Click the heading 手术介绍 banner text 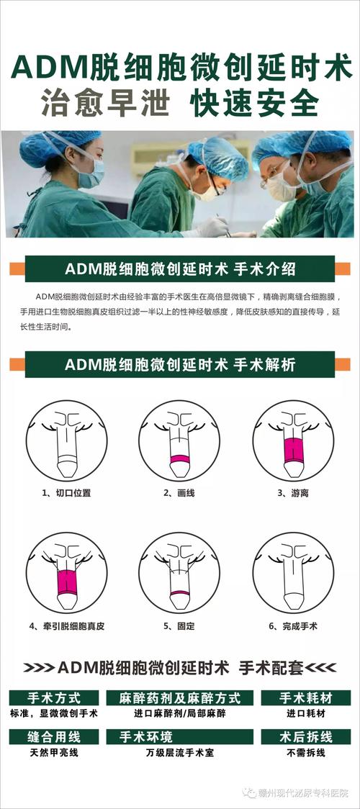180,270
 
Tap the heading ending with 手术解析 180,364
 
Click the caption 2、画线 179,493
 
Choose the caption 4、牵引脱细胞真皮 67,626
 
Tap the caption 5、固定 179,626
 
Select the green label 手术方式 53,698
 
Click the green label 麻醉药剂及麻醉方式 179,698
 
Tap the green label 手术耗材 305,698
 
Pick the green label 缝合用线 53,737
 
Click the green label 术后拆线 305,737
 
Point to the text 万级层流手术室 180,753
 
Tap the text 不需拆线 305,753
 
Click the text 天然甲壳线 54,753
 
